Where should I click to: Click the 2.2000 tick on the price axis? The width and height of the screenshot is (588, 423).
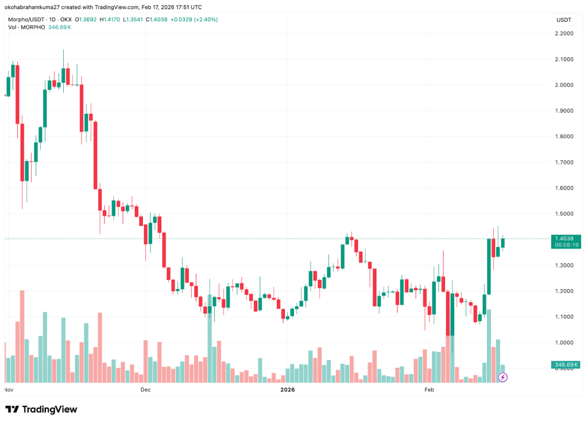[x=564, y=33]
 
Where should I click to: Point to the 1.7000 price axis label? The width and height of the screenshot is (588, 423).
[x=564, y=162]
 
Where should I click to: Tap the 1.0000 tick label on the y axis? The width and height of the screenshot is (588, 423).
[x=564, y=343]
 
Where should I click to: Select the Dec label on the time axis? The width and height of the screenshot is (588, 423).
[x=145, y=390]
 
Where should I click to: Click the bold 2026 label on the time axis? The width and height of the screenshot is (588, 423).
[x=287, y=390]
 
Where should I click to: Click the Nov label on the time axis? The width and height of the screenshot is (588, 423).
[x=9, y=390]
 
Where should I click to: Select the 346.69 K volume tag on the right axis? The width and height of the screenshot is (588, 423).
[x=565, y=365]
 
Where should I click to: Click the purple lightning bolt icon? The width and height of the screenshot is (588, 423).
[x=503, y=377]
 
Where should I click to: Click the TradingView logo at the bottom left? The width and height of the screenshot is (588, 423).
[x=41, y=409]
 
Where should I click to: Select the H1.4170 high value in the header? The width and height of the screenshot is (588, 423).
[x=110, y=20]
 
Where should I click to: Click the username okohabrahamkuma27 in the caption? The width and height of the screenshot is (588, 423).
[x=34, y=7]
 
